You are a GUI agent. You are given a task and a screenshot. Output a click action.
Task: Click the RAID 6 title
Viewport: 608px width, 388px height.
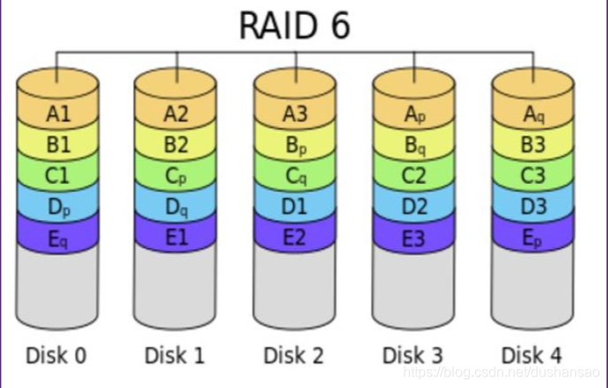(x=295, y=26)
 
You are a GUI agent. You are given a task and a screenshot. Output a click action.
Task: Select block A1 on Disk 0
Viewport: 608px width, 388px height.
(x=57, y=113)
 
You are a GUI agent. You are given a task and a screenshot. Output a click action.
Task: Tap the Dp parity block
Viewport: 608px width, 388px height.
(x=57, y=207)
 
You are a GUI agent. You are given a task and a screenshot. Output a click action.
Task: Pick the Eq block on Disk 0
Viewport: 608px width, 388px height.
(x=57, y=238)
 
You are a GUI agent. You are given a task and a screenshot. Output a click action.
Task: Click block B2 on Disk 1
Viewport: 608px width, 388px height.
(x=176, y=143)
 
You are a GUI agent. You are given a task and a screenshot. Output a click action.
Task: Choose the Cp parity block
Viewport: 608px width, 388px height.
(x=176, y=175)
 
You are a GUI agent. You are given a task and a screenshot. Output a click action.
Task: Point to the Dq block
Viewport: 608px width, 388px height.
(x=176, y=207)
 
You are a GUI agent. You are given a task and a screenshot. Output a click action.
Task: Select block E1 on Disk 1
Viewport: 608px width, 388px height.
(x=176, y=238)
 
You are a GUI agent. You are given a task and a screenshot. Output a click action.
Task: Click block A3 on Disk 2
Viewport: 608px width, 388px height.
(x=296, y=113)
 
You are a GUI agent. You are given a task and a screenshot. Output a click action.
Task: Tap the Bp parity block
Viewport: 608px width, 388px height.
(x=296, y=143)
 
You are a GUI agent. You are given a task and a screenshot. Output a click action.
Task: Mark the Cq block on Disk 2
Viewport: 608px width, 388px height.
(x=296, y=175)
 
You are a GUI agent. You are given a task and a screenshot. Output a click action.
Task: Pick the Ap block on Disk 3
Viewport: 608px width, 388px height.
(x=414, y=113)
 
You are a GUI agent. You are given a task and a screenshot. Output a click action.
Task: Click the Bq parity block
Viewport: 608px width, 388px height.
(x=414, y=143)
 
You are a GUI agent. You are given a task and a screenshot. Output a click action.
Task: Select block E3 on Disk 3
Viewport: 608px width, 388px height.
(x=414, y=238)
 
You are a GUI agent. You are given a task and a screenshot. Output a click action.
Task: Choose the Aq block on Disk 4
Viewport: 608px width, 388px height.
(x=533, y=113)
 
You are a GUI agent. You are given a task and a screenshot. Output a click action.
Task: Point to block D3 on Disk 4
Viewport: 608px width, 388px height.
(x=533, y=207)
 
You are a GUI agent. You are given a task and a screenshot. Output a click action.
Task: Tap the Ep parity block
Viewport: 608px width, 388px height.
(x=533, y=238)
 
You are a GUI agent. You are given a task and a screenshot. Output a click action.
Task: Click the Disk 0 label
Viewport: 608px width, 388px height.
(x=56, y=355)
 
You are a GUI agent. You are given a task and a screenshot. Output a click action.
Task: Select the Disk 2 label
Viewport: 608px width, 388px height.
(x=294, y=355)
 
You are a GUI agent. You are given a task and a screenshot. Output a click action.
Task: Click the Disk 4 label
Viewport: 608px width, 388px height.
(x=531, y=355)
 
